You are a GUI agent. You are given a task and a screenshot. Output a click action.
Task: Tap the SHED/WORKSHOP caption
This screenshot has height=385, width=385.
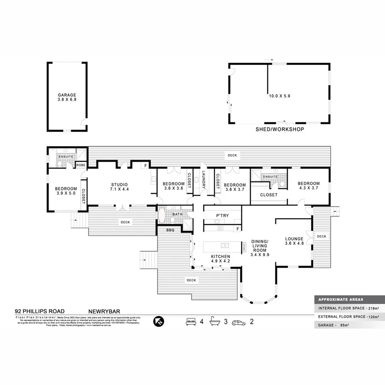point(280,129)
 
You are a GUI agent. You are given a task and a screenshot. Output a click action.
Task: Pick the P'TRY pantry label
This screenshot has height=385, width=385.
point(222,215)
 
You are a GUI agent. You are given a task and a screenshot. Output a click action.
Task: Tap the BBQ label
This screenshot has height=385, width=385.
point(170,230)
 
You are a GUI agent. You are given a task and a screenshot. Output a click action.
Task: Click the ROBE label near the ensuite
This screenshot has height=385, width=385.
point(80,165)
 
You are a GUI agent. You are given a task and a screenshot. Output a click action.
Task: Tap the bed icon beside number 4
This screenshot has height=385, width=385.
point(191,321)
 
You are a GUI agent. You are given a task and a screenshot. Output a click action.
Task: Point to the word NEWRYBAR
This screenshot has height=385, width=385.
point(103,311)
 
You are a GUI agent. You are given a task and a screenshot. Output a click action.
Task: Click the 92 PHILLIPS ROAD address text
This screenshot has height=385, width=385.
point(40,311)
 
